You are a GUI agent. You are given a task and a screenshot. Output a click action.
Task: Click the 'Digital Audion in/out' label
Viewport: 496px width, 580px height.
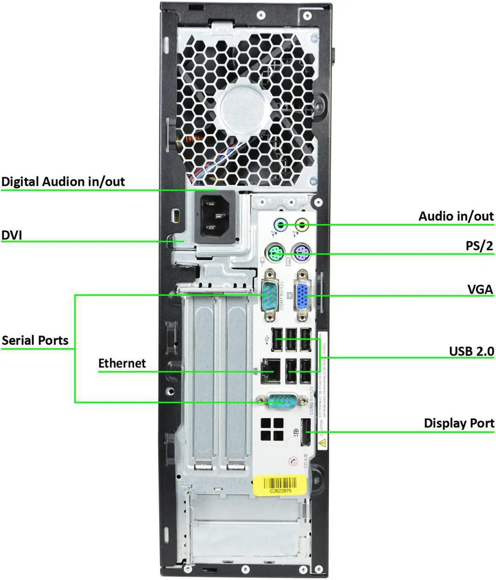63,182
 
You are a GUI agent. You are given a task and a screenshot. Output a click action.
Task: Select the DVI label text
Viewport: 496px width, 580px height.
12,235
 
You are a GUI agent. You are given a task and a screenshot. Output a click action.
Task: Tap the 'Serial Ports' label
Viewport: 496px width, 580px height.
35,340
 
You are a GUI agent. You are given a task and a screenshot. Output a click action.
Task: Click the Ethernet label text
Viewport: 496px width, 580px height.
122,363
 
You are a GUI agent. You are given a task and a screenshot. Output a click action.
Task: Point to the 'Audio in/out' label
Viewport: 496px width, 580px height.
456,216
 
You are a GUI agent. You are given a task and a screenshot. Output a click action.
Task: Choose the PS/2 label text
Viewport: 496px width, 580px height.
479,246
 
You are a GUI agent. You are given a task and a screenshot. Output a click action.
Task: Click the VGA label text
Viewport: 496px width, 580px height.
480,289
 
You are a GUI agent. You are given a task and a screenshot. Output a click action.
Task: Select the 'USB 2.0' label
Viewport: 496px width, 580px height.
471,351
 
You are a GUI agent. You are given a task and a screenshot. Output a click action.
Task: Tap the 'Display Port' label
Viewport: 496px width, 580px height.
459,423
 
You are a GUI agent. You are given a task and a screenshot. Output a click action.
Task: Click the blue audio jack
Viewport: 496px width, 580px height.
281,224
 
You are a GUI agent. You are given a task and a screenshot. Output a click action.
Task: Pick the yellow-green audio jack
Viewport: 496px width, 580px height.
301,224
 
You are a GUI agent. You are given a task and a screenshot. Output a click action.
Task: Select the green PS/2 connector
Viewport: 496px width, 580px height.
276,254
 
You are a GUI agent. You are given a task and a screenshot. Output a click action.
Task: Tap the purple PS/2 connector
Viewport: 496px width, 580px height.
302,254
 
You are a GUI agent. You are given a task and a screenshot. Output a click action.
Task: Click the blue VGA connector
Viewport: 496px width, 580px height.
303,296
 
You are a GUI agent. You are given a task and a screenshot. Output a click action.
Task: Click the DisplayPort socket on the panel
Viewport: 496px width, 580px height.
306,432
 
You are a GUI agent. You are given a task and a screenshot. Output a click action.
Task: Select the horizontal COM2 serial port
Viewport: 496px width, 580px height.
282,401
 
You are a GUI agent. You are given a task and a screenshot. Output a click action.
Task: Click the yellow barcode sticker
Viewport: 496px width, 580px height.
280,485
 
